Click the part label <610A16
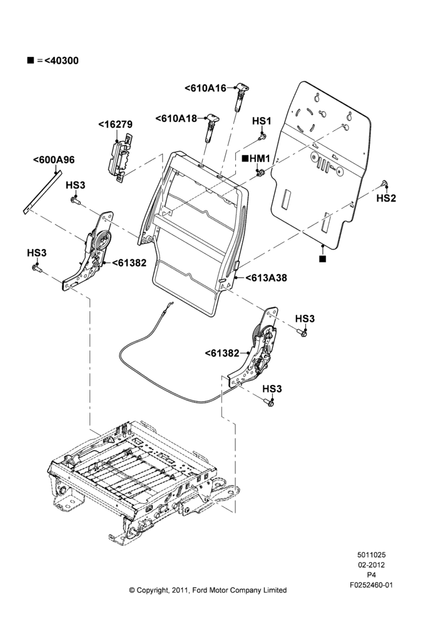(205, 88)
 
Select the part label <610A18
(176, 118)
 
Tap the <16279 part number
(115, 125)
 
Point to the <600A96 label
(54, 160)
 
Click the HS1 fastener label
(262, 121)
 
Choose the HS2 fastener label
(386, 198)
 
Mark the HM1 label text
(260, 158)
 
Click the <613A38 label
(266, 278)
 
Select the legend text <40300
(61, 61)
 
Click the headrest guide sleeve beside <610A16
(240, 96)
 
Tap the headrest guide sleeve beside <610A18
(211, 127)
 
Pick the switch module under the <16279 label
(119, 157)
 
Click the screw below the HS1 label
(262, 137)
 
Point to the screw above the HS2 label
(385, 183)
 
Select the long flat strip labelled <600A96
(43, 192)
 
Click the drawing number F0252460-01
(371, 585)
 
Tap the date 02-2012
(371, 565)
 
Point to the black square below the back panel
(322, 259)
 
